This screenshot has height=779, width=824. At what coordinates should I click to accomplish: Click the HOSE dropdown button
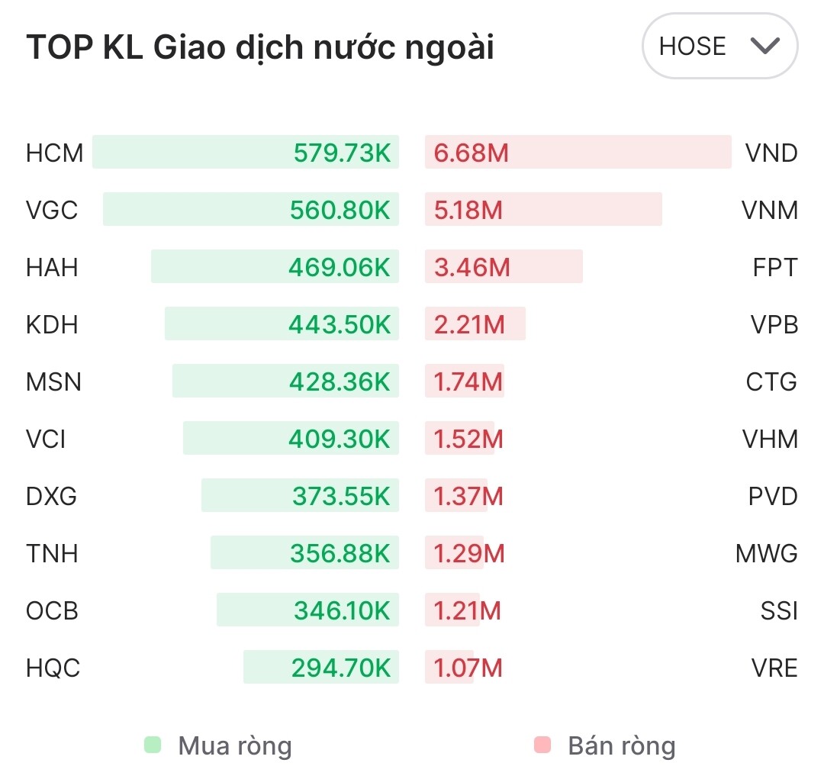[719, 47]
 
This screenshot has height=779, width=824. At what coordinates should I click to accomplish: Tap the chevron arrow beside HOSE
[764, 47]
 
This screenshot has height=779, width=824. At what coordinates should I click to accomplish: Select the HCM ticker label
[54, 153]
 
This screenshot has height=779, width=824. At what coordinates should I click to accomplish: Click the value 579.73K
[342, 153]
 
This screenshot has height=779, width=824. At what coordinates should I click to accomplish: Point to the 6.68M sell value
[471, 153]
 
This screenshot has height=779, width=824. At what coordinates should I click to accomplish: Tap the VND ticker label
[771, 153]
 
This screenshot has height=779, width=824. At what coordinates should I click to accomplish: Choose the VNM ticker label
[770, 210]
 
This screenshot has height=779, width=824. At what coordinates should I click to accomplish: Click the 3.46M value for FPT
[471, 268]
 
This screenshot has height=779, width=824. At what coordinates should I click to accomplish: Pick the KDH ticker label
[52, 325]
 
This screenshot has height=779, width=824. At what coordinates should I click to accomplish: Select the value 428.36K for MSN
[340, 382]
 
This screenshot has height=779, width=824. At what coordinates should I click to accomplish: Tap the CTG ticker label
[771, 382]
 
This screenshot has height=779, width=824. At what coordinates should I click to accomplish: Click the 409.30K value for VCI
[340, 439]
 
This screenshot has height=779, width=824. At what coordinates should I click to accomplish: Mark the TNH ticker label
[52, 554]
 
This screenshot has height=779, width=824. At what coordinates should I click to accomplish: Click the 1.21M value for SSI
[467, 611]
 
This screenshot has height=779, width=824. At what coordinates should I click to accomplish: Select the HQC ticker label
[53, 668]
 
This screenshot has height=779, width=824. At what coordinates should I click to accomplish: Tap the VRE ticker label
[774, 668]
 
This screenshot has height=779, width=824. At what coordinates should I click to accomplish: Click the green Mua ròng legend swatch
[153, 745]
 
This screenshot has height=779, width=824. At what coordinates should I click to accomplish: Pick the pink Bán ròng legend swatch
[542, 745]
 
